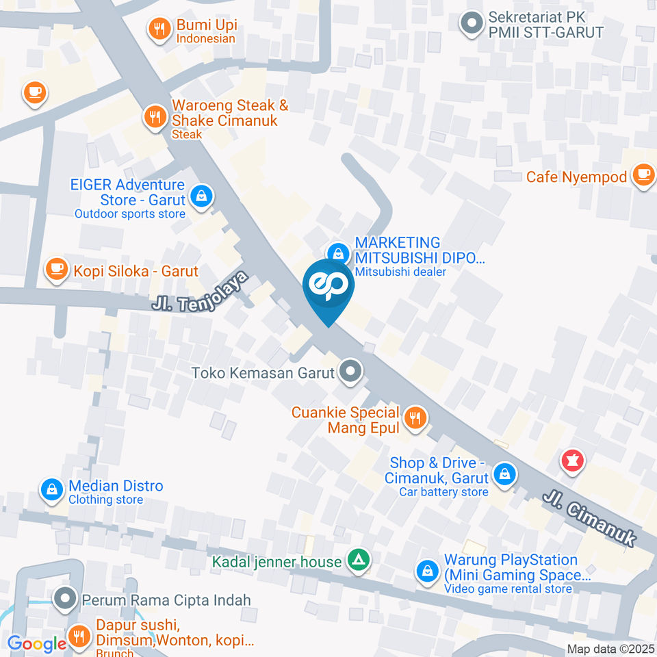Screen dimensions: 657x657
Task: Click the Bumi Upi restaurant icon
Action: coord(159,29)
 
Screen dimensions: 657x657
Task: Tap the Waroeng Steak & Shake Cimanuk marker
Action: coord(155,117)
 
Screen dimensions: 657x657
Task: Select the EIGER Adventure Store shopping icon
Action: coord(202,197)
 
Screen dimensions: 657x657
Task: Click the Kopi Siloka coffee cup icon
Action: coord(56,269)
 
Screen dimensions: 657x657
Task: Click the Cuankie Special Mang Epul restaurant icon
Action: coord(415,417)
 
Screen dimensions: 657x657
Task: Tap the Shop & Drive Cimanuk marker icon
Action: coord(504,473)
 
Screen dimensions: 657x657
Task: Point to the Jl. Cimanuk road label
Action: coord(590,518)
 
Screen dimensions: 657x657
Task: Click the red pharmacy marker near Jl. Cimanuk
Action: coord(572,461)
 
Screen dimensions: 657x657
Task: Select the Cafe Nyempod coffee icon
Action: coord(643,175)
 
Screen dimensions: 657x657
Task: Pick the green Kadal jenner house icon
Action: coord(357,561)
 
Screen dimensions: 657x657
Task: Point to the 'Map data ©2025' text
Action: coord(610,649)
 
